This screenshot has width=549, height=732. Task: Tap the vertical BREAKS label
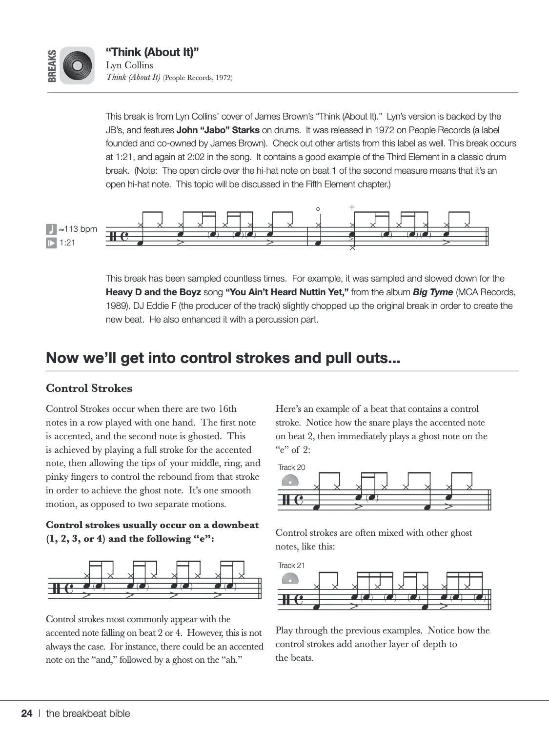(x=52, y=65)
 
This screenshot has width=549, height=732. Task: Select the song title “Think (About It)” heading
(x=152, y=52)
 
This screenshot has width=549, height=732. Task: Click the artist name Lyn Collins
(x=129, y=65)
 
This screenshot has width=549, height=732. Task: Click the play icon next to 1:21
(x=51, y=243)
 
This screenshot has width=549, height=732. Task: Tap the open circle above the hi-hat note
(x=318, y=209)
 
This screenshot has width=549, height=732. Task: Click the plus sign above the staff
(x=352, y=207)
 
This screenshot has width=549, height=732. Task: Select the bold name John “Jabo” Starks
(x=218, y=130)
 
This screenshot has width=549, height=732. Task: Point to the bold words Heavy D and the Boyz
(x=153, y=292)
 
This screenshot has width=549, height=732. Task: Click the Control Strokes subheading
(x=89, y=388)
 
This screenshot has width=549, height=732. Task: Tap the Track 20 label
(x=291, y=467)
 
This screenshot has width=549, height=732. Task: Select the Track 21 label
(x=291, y=565)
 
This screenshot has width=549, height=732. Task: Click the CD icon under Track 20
(x=290, y=480)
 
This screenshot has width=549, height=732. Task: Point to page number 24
(x=27, y=713)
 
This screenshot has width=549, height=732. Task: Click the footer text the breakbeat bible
(x=88, y=713)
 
